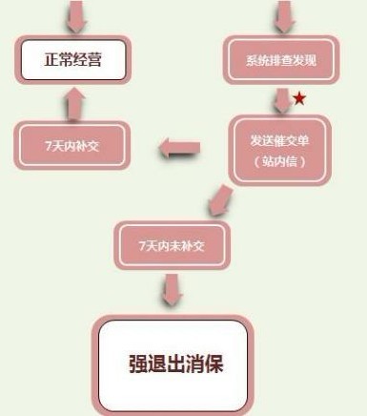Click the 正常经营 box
coord(72,60)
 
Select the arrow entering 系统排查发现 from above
coord(282,14)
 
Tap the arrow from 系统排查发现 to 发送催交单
coord(280,99)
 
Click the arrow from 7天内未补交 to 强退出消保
coord(173,289)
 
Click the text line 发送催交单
coord(280,139)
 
